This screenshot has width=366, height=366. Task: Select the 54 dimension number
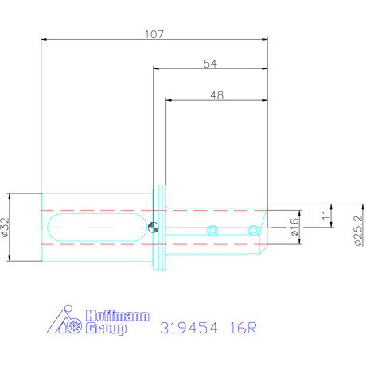point(211,64)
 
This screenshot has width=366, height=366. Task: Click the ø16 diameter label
point(294,228)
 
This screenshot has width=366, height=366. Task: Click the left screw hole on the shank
point(211,231)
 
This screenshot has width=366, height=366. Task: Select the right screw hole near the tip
point(253,231)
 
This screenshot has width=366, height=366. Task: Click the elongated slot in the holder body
point(95,228)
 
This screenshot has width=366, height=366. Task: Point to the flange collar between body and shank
point(161,228)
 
